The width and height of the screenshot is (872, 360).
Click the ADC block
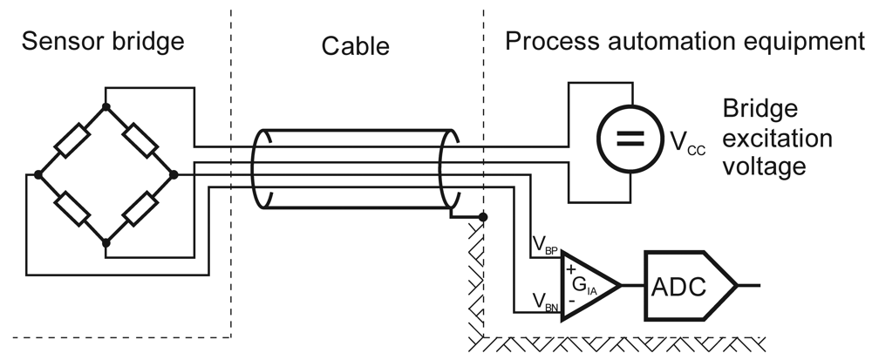tap(688, 284)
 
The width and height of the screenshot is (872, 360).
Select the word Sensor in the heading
tap(57, 41)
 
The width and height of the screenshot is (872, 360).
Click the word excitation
tap(777, 139)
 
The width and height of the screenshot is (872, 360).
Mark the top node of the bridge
tap(106, 106)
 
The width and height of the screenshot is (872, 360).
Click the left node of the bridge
tap(37, 174)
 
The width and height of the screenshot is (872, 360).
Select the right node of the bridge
tap(174, 174)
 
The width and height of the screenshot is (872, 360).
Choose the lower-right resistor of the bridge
tap(140, 208)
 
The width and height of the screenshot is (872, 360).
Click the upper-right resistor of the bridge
tap(140, 140)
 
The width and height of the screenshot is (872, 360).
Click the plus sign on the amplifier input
tap(571, 269)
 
